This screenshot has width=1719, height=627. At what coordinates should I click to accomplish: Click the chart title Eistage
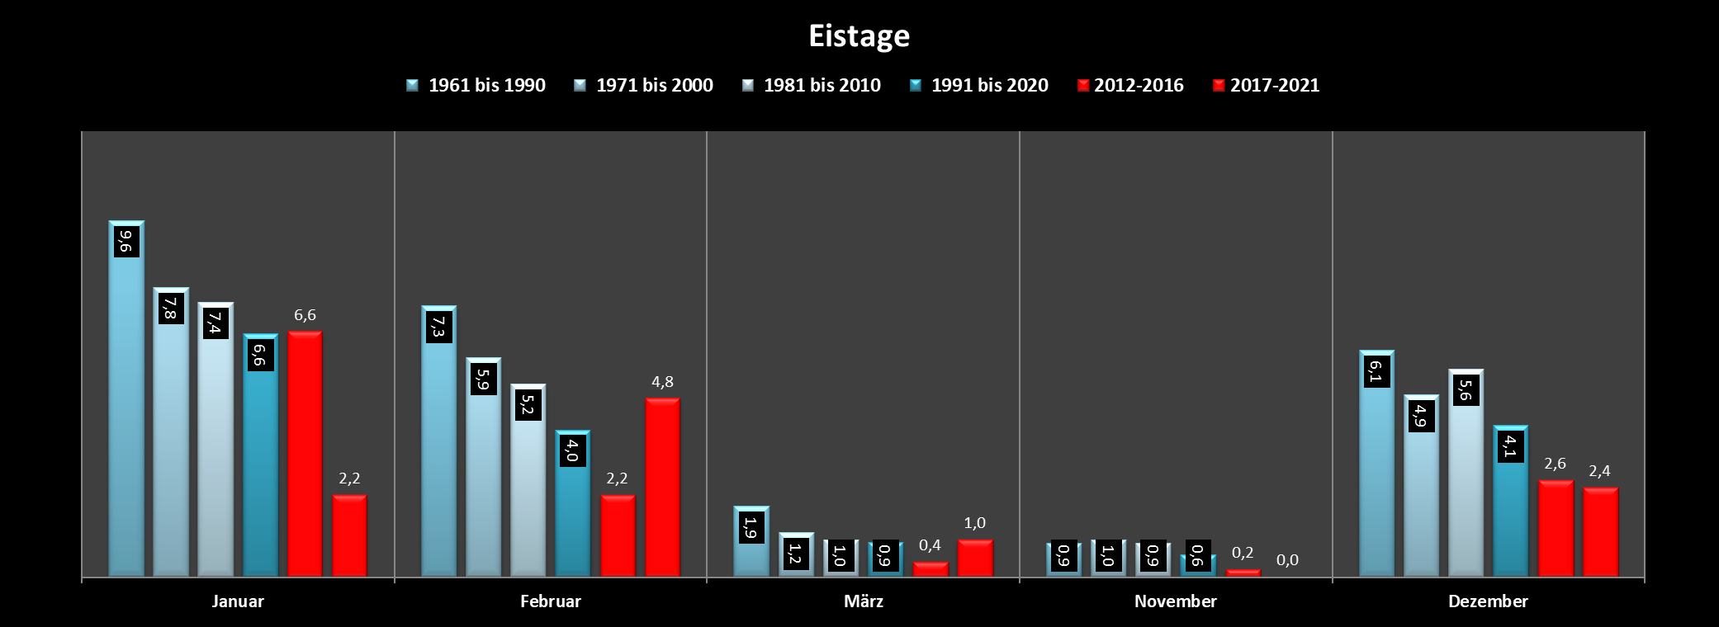tap(859, 36)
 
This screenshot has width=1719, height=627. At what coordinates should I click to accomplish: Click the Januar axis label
tap(238, 601)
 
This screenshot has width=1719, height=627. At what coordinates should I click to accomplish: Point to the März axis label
tap(863, 601)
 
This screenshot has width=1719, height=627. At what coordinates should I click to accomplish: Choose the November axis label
tap(1175, 601)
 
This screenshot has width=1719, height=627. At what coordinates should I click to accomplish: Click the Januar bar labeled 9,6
tap(126, 412)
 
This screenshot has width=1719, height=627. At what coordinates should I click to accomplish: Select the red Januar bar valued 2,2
tap(349, 535)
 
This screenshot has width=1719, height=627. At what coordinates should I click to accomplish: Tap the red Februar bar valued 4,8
tap(662, 487)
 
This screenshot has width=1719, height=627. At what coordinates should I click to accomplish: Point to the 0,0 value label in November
tap(1287, 560)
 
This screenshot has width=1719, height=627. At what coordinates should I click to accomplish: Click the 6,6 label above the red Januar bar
tap(305, 315)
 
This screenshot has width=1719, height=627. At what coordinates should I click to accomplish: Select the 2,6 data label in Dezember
tap(1555, 464)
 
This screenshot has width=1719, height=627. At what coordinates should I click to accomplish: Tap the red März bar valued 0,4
tap(931, 569)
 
